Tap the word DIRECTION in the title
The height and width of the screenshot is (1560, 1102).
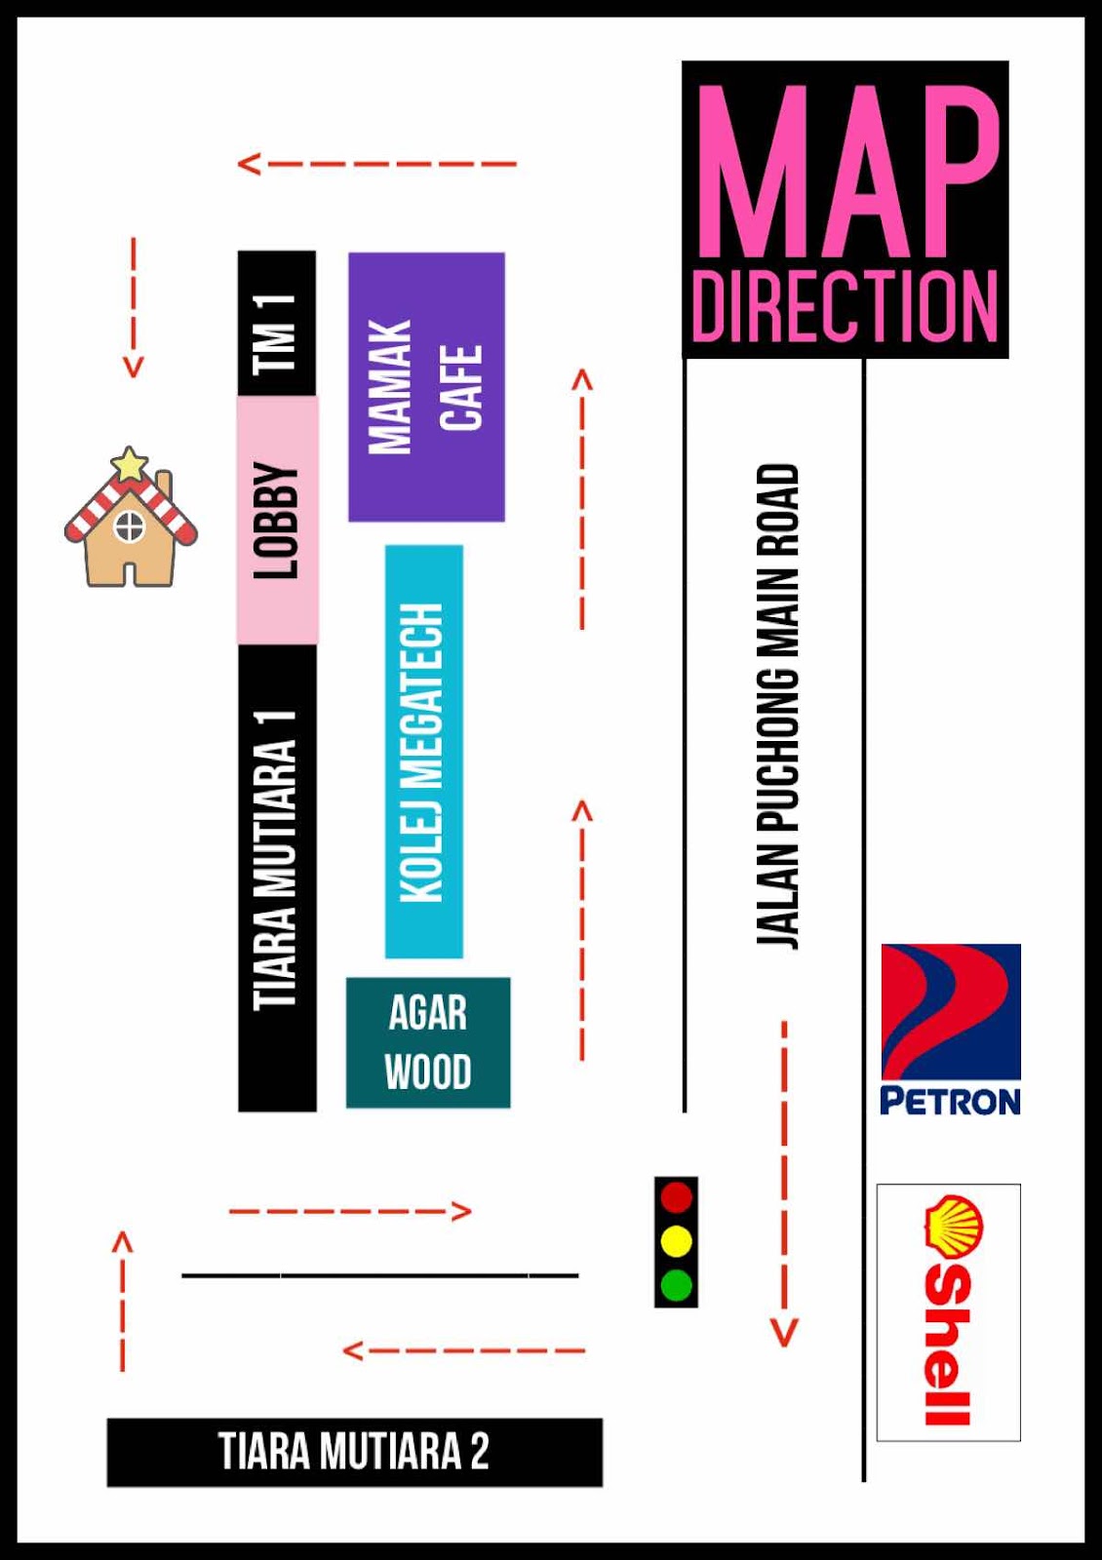click(845, 306)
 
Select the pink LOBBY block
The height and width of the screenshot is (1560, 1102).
click(277, 520)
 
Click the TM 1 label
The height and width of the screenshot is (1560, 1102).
click(276, 331)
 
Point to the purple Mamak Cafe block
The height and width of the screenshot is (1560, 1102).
click(426, 387)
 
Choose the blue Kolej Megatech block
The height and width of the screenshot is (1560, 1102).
click(424, 751)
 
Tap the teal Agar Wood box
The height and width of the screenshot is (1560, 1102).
click(428, 1042)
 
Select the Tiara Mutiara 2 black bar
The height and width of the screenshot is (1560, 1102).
click(354, 1452)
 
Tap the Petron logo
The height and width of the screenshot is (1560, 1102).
click(951, 1029)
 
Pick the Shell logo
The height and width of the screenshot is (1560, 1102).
click(949, 1311)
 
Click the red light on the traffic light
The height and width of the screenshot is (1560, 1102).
click(677, 1197)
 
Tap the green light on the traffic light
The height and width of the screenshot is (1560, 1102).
click(677, 1285)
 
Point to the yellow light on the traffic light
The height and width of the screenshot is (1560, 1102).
click(677, 1241)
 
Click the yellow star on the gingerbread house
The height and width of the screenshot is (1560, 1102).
click(129, 464)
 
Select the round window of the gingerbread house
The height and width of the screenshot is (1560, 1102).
click(129, 527)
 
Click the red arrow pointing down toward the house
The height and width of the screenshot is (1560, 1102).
click(134, 306)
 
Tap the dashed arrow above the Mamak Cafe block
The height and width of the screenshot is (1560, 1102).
click(376, 163)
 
